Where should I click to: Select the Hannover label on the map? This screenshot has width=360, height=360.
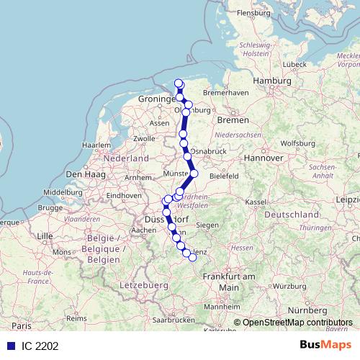click(263, 157)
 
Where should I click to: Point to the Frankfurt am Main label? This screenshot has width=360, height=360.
click(229, 282)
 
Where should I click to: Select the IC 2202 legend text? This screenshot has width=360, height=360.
click(40, 346)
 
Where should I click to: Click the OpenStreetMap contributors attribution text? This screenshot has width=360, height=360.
click(297, 323)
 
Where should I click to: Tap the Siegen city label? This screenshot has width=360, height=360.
click(207, 225)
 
